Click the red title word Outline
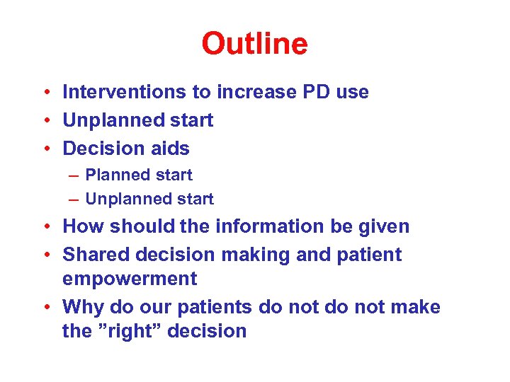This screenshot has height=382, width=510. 254,44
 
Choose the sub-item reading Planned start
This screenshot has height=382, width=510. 139,175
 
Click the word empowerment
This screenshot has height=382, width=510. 130,279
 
